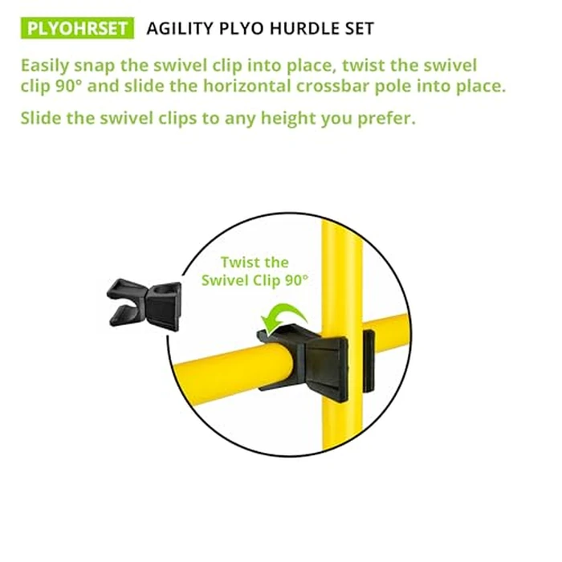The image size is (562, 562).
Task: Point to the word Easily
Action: (49, 65)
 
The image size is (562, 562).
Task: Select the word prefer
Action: (386, 119)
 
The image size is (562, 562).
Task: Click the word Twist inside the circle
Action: (242, 263)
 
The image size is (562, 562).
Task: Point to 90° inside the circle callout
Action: (295, 280)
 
